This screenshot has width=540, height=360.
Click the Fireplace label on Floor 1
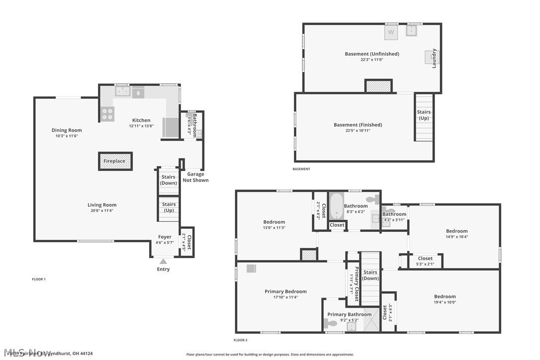(114, 162)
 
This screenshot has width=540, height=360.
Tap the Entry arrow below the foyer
(163, 262)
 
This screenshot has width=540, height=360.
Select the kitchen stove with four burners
(107, 114)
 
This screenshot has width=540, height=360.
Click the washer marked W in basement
(391, 32)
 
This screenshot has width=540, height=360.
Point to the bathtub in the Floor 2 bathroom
(337, 206)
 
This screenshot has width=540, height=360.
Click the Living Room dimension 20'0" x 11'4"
(102, 210)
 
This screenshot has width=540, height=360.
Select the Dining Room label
(67, 130)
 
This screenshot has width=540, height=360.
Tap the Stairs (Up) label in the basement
(424, 115)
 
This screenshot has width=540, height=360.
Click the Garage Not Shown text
(195, 178)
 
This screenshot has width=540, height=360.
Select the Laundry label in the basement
(434, 58)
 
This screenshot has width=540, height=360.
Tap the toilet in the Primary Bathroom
(332, 323)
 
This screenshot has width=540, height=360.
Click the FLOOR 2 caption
(240, 340)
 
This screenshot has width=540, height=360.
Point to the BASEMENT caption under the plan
(301, 169)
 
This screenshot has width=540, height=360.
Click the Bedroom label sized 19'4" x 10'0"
(445, 296)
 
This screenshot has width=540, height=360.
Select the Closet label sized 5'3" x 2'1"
(425, 259)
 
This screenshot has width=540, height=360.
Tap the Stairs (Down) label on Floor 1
(169, 180)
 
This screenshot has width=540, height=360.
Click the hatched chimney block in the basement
(378, 87)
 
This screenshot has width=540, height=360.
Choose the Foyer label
(165, 237)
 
